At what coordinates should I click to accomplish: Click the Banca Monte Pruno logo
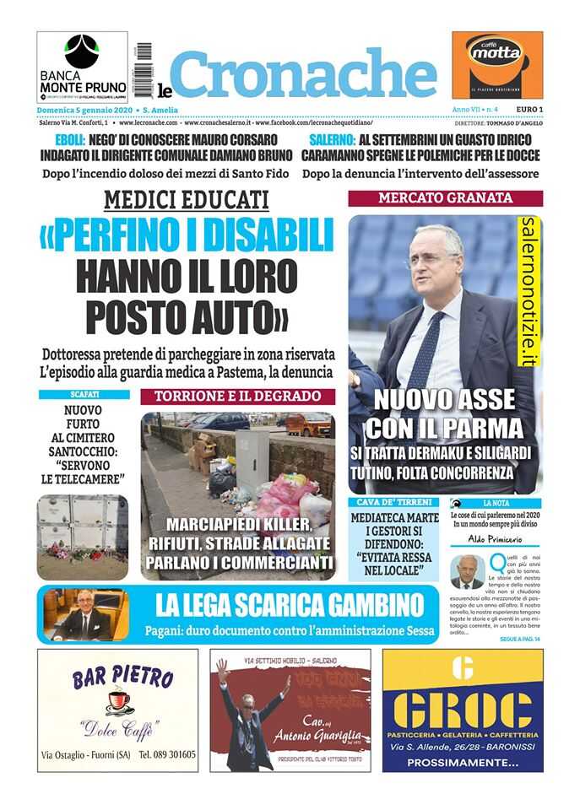(82, 67)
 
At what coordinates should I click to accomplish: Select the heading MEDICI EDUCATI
(187, 200)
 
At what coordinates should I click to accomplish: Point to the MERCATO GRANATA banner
(445, 197)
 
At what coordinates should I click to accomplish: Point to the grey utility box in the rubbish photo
(252, 462)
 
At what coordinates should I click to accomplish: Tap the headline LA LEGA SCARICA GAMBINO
(289, 605)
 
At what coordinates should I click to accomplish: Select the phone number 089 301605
(167, 755)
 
